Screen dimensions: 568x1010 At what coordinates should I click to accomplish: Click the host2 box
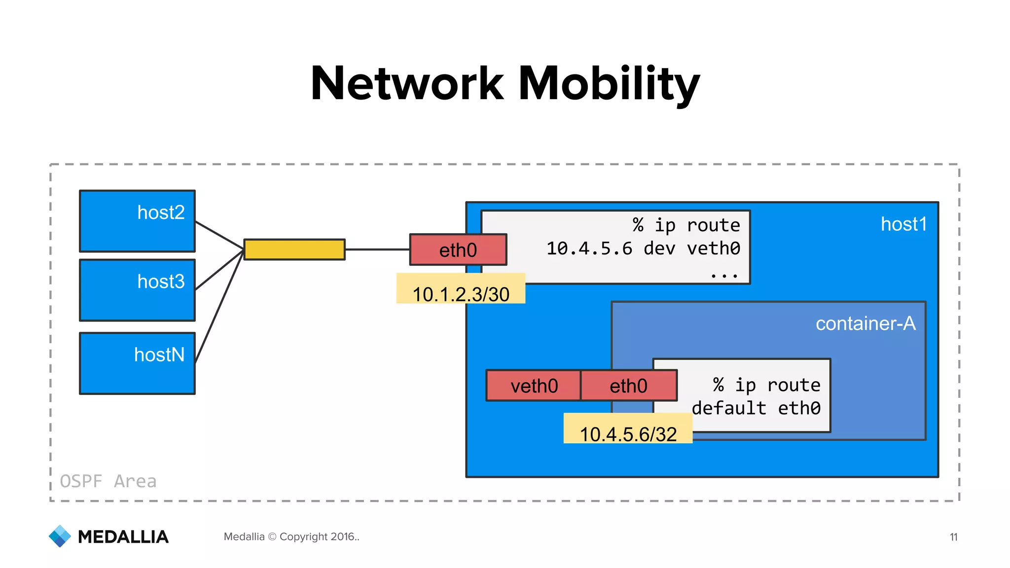tap(137, 221)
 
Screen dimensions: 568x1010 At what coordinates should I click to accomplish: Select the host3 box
tap(137, 290)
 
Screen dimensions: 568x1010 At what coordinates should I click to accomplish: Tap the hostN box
tap(137, 363)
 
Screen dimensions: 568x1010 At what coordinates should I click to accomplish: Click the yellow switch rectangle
tap(294, 249)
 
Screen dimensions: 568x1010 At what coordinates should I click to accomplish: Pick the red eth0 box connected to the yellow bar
tap(458, 250)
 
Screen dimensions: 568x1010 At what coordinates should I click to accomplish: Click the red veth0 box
tap(534, 386)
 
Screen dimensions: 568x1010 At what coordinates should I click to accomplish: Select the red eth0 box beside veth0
tap(628, 386)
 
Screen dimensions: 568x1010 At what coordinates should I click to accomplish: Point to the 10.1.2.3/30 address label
tap(461, 294)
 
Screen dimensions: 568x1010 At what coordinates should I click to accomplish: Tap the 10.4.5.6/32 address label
tap(628, 434)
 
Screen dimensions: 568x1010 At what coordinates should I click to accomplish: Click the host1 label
tap(903, 224)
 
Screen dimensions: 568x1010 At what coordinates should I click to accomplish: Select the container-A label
tap(865, 324)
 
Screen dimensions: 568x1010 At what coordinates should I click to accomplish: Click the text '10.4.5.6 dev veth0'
tap(643, 248)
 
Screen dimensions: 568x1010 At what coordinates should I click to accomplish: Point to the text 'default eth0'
tap(756, 408)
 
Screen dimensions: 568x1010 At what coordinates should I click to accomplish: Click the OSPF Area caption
tap(108, 481)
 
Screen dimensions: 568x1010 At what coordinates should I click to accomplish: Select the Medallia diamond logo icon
tap(60, 536)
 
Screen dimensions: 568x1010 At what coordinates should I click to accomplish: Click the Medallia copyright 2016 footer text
tap(291, 536)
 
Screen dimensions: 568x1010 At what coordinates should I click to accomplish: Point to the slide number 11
tap(953, 537)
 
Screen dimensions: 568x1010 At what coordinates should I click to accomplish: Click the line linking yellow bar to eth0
tap(377, 249)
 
